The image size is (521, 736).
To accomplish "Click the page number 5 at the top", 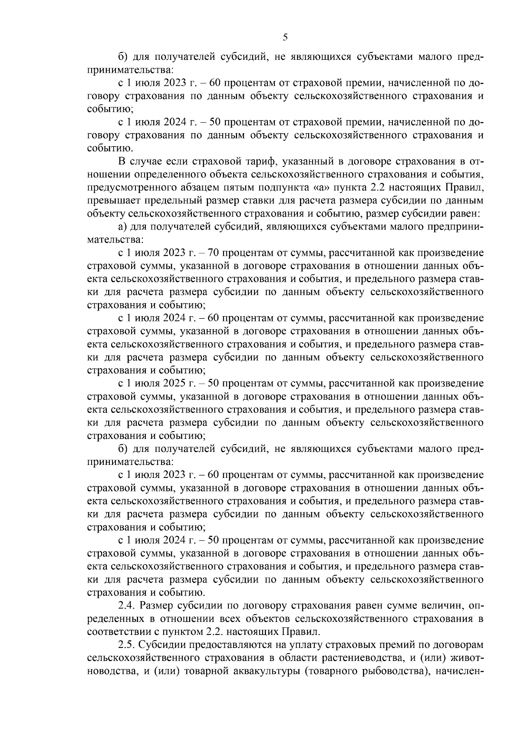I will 285,37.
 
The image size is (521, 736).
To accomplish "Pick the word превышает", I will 111,201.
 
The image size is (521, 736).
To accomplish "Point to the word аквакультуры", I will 259,671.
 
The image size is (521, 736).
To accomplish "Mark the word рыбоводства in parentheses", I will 392,671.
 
